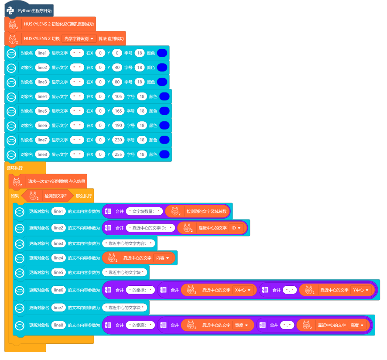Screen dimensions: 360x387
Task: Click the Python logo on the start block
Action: click(10, 10)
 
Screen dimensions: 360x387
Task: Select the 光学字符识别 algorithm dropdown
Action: click(79, 38)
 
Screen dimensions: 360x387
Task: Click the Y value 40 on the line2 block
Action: click(116, 67)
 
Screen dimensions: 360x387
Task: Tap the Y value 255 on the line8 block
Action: click(118, 154)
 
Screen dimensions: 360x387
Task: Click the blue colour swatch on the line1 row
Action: click(162, 53)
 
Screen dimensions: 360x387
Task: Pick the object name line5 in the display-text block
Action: click(42, 111)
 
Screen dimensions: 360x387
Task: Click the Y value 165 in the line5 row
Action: click(118, 111)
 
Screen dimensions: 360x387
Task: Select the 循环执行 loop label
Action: click(14, 168)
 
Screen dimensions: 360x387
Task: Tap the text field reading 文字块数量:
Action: click(144, 211)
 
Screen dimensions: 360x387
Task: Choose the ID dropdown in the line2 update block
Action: click(235, 228)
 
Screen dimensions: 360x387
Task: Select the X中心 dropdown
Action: click(243, 290)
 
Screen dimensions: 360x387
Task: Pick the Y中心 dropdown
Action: click(361, 290)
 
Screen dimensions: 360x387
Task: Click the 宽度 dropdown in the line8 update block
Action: click(242, 325)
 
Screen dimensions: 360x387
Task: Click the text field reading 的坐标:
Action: click(140, 290)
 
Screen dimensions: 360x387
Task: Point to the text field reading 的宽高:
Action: click(140, 325)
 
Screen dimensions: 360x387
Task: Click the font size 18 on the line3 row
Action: click(140, 82)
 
